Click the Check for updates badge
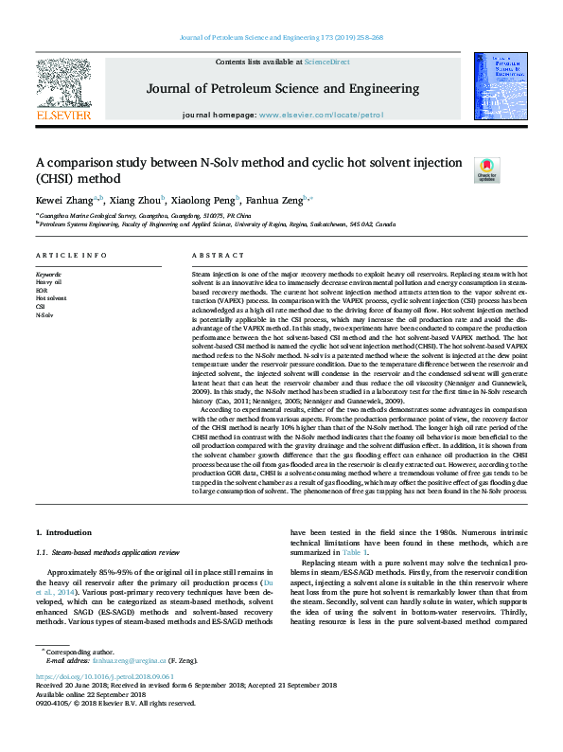point(485,170)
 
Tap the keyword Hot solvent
point(51,297)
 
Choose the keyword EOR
point(43,290)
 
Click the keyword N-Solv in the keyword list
point(45,314)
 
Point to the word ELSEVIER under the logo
point(63,116)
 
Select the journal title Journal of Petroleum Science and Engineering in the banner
point(282,89)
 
